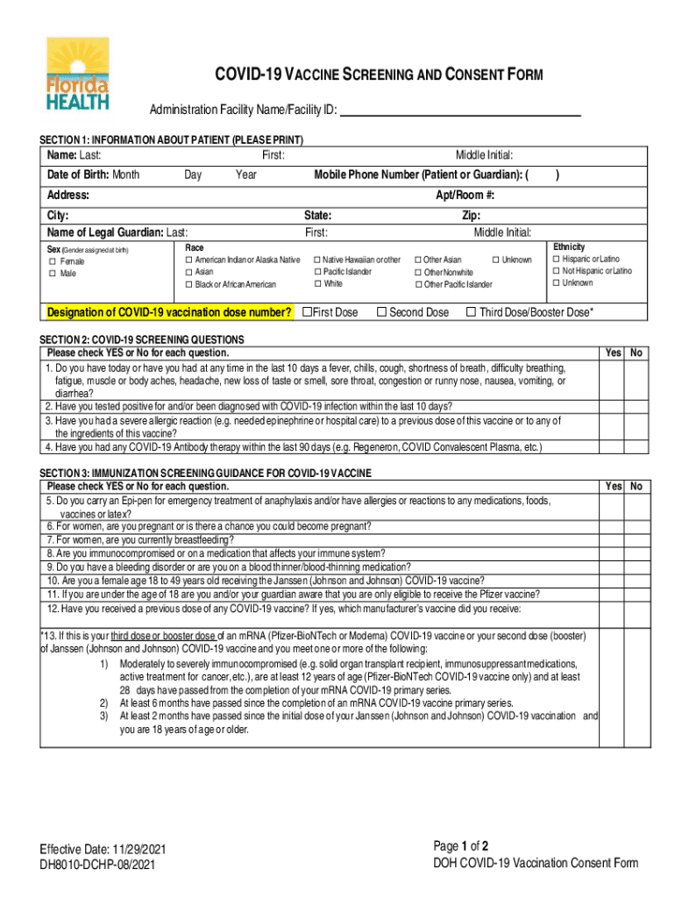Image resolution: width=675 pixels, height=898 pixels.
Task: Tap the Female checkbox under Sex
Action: point(53,261)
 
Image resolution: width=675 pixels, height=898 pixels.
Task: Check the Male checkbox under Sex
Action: point(53,274)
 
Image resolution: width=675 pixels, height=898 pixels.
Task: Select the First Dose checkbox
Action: point(307,312)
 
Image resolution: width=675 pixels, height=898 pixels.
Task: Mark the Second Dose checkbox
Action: point(381,312)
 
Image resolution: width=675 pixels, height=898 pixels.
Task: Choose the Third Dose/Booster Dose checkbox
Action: point(471,312)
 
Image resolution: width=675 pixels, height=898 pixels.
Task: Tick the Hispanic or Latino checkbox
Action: point(556,260)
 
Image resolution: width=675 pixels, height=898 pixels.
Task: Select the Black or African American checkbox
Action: point(188,284)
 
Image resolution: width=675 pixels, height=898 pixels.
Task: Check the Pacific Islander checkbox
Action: point(316,272)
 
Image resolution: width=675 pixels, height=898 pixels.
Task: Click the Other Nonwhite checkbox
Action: point(417,273)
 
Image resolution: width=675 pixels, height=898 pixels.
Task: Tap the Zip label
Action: point(471,215)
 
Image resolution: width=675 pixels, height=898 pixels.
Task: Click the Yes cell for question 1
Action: point(613,381)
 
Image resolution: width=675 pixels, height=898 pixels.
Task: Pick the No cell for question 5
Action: point(636,507)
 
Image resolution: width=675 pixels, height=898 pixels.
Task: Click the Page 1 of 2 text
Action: point(461,846)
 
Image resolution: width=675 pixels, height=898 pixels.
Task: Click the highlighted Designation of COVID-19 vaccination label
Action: point(169,313)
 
